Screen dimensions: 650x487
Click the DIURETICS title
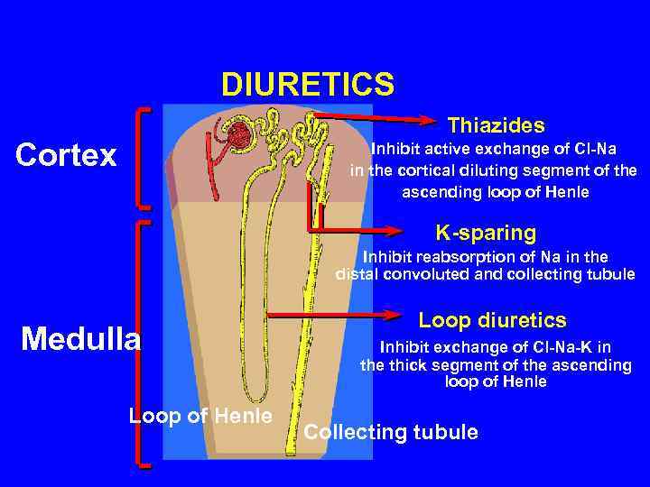[308, 85]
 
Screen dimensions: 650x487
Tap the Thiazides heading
[496, 124]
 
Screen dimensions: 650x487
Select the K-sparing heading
[486, 233]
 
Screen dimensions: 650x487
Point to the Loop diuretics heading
[492, 320]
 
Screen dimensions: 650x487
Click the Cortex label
[67, 155]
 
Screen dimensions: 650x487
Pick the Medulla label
[81, 339]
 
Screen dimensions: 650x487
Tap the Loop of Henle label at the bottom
[200, 416]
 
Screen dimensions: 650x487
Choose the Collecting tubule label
[391, 432]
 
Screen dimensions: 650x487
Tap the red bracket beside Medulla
[140, 343]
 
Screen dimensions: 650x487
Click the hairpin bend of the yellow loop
[257, 398]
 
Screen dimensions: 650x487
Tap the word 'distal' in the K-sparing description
[356, 274]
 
